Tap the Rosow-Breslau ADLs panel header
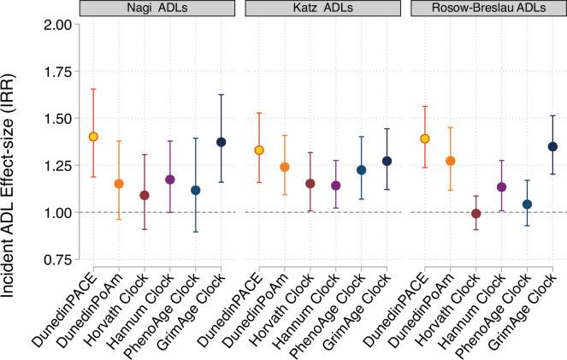tap(487, 9)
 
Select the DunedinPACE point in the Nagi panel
tap(93, 137)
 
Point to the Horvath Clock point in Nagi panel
tap(145, 196)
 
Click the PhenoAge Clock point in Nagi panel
tap(195, 190)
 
